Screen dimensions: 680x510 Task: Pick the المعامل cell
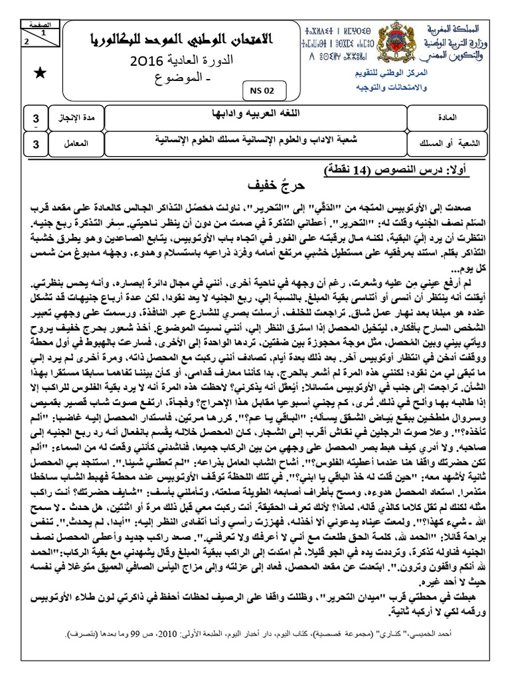(x=76, y=143)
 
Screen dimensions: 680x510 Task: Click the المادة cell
(x=462, y=118)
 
